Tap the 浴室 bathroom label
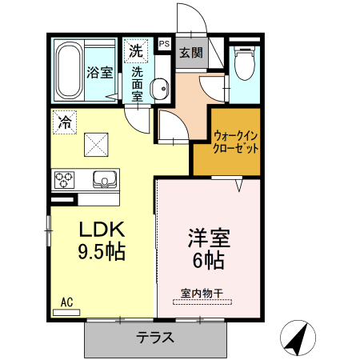point(98,71)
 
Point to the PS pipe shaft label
point(165,45)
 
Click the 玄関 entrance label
point(190,53)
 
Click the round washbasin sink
point(158,86)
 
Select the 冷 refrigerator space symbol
point(64,122)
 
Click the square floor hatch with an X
point(98,145)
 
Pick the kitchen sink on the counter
point(104,178)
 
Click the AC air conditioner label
point(67,302)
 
